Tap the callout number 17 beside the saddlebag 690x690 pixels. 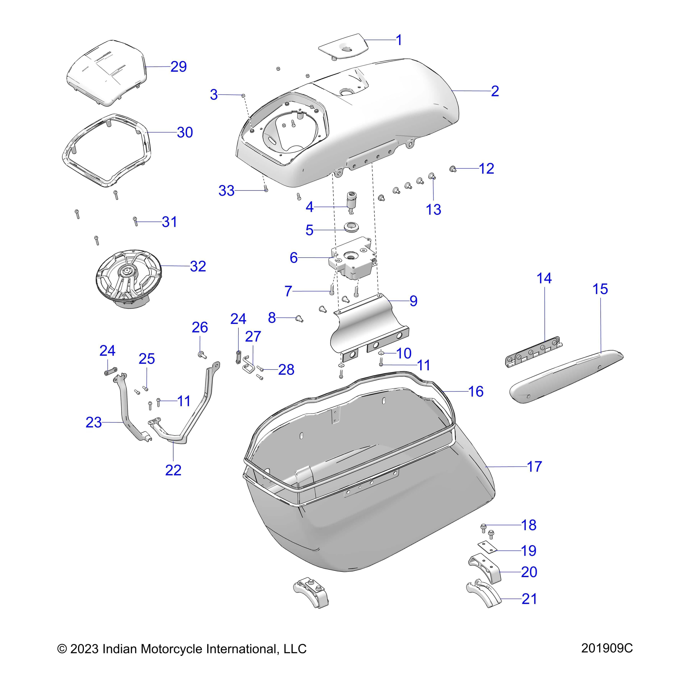click(x=534, y=467)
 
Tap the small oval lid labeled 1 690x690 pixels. click(x=344, y=46)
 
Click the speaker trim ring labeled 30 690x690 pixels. click(x=107, y=150)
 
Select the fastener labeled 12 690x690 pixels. click(x=453, y=169)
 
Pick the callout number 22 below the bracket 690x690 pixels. click(x=173, y=470)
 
